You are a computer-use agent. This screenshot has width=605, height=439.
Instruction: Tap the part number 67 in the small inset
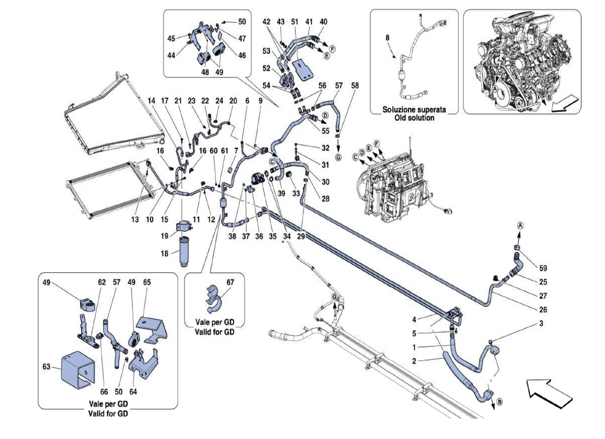[230, 282]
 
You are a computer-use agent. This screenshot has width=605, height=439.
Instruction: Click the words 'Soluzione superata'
[414, 110]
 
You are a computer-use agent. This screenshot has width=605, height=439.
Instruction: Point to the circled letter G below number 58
[338, 157]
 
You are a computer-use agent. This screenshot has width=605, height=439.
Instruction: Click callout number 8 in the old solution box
[388, 37]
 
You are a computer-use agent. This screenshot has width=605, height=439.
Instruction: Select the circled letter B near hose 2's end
[500, 409]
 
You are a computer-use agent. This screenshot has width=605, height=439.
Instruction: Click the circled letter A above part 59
[520, 226]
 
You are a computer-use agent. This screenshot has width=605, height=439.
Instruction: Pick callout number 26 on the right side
[543, 310]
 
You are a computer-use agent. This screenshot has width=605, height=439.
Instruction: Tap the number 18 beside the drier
[165, 254]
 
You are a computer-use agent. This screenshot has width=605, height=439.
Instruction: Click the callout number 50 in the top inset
[242, 22]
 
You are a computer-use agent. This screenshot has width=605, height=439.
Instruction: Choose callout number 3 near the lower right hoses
[541, 323]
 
